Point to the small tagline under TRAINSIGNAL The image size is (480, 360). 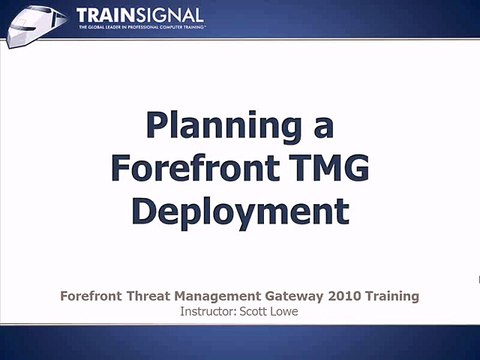[x=138, y=30]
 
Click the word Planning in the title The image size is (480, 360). [x=225, y=128]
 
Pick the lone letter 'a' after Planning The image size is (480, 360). [x=323, y=128]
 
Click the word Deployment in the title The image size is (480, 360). [x=240, y=212]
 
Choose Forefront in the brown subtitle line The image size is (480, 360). [x=94, y=296]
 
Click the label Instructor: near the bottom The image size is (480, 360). [x=207, y=311]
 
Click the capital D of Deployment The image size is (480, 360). [x=146, y=211]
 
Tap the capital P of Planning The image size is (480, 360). [x=158, y=127]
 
